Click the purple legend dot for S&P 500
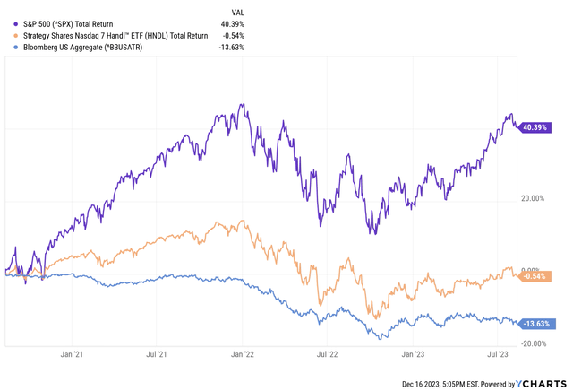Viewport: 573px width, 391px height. click(10, 23)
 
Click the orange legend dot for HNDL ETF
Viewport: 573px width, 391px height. click(10, 35)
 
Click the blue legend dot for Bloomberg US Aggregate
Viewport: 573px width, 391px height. click(10, 47)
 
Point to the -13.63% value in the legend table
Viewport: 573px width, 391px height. click(229, 47)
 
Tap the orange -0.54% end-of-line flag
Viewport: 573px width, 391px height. click(537, 276)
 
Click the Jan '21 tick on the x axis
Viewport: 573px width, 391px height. click(72, 355)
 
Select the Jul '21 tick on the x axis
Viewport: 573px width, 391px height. click(157, 355)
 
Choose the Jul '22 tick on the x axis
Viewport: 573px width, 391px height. click(328, 355)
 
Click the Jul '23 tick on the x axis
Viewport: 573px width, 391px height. click(499, 355)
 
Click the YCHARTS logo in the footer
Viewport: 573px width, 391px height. click(543, 383)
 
